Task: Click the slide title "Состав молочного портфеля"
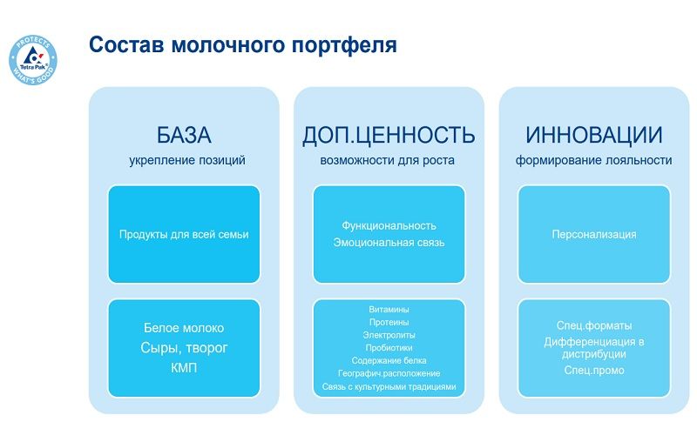[x=243, y=44]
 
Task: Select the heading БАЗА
[x=184, y=136]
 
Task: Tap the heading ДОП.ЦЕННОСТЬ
[x=389, y=136]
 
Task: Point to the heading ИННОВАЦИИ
[x=593, y=136]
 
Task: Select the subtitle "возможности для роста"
[x=389, y=160]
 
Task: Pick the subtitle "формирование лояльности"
[x=593, y=160]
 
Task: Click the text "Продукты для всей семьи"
[x=184, y=234]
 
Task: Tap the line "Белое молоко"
[x=184, y=328]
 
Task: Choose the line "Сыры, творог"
[x=184, y=348]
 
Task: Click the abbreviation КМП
[x=184, y=368]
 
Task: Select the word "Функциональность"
[x=389, y=225]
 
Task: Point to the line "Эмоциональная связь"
[x=389, y=243]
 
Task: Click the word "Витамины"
[x=389, y=309]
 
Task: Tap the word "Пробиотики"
[x=389, y=347]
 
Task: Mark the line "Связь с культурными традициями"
[x=389, y=385]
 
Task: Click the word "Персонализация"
[x=593, y=234]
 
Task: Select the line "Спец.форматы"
[x=593, y=325]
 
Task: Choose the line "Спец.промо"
[x=593, y=371]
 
